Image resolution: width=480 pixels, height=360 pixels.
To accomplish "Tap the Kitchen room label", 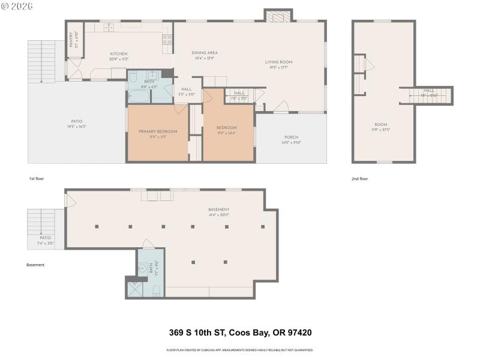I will pyautogui.click(x=118, y=56).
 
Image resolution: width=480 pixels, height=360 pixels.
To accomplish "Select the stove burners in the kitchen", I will pyautogui.click(x=167, y=40).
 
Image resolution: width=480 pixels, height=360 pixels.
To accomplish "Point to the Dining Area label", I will pyautogui.click(x=205, y=55).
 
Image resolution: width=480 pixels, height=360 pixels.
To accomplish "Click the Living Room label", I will pyautogui.click(x=278, y=64).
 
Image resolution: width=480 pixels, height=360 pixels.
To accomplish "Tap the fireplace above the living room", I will pyautogui.click(x=278, y=16).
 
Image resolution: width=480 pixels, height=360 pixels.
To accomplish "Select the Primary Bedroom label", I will pyautogui.click(x=158, y=134).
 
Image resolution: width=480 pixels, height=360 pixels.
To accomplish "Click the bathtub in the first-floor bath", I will pyautogui.click(x=137, y=96).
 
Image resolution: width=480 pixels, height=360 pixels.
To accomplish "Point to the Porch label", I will pyautogui.click(x=292, y=140).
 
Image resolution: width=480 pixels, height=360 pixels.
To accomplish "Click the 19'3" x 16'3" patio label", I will pyautogui.click(x=77, y=124).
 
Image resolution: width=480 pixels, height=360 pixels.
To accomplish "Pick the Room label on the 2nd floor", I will pyautogui.click(x=380, y=127).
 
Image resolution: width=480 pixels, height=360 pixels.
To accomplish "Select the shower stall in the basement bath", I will pyautogui.click(x=136, y=290).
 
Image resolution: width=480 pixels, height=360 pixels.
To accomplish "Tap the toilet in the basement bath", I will pyautogui.click(x=156, y=291).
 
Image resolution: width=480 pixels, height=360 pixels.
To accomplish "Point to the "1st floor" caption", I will pyautogui.click(x=37, y=179).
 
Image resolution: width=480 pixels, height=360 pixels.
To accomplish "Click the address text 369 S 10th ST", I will pyautogui.click(x=206, y=332).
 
